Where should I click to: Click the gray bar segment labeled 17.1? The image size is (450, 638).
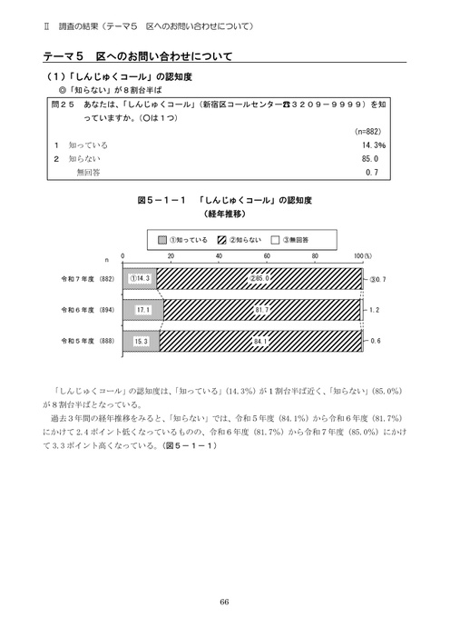pos(142,310)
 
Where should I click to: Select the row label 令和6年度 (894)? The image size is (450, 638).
pos(87,310)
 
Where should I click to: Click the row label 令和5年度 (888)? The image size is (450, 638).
pos(87,342)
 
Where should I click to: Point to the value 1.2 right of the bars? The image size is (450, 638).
pos(375,310)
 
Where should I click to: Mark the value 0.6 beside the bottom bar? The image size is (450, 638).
pos(375,342)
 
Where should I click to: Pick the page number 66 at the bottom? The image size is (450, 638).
pos(224,600)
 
